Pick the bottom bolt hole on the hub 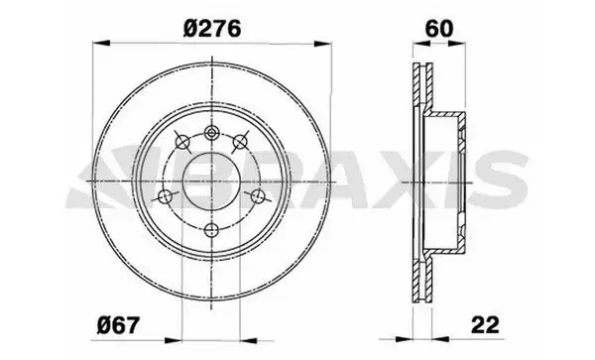[x=211, y=230]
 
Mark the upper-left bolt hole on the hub [x=181, y=142]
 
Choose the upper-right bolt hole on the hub [x=240, y=143]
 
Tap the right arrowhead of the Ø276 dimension [x=323, y=43]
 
